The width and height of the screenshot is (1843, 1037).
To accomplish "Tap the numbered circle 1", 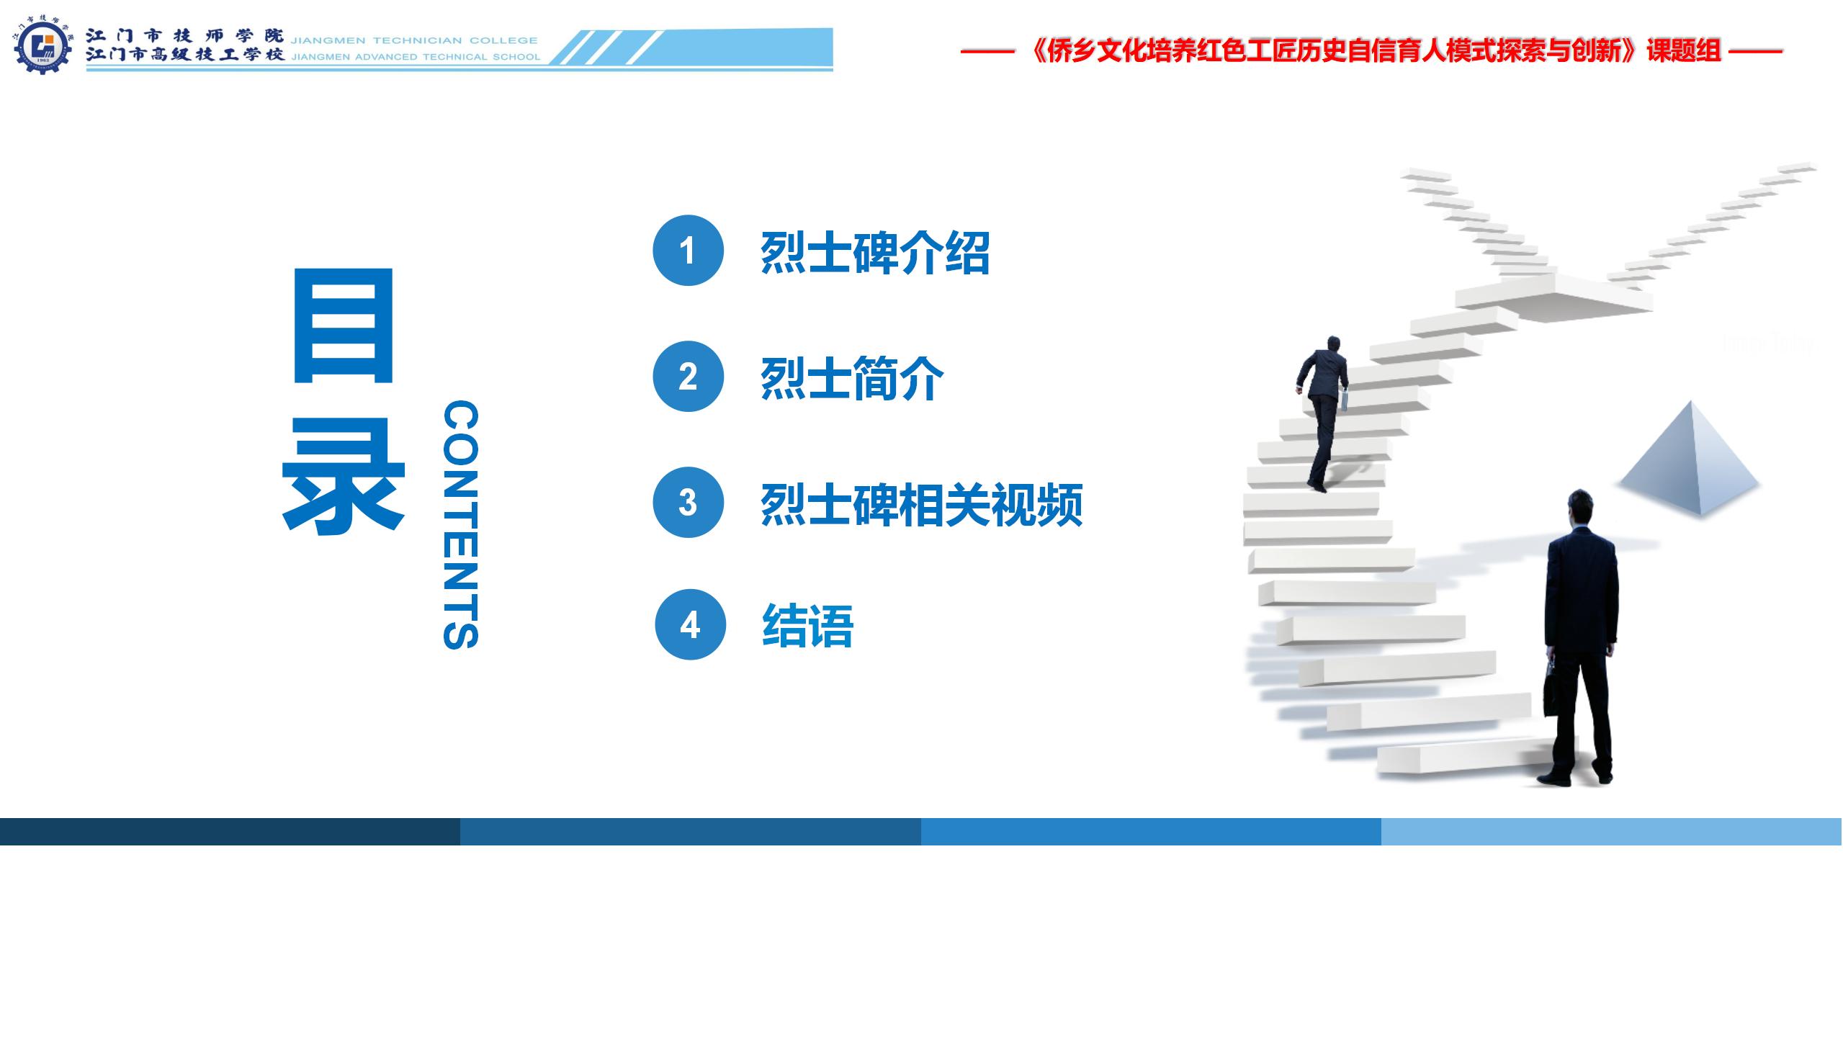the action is click(688, 251).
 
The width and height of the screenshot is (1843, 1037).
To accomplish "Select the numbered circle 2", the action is click(688, 377).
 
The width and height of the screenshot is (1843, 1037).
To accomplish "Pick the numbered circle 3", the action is click(688, 503).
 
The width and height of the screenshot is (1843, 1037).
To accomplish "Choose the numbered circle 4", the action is click(690, 625).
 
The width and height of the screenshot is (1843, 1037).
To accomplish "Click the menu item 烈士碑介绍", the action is click(875, 253).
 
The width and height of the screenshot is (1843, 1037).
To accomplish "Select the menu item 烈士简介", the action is click(852, 379).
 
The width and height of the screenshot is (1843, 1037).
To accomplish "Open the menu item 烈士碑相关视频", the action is click(922, 505).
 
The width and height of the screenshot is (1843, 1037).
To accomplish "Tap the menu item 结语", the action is click(808, 626).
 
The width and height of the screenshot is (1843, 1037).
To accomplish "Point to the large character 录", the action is click(343, 477).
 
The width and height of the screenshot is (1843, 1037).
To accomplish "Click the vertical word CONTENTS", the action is click(460, 525).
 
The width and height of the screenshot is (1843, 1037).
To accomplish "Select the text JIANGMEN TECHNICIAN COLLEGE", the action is click(414, 40).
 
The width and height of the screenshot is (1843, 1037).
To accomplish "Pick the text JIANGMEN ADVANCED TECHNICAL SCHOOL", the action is click(416, 57).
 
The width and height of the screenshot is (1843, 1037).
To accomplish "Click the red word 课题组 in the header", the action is click(1684, 51).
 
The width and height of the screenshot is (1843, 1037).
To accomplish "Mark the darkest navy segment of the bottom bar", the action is click(230, 831).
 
